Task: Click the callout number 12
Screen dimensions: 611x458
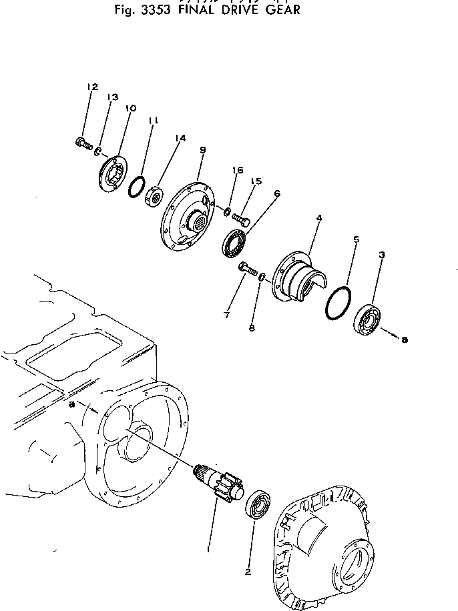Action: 92,87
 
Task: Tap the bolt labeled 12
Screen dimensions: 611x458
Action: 82,141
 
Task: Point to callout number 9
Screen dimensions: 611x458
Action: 202,151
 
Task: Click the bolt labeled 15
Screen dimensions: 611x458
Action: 241,218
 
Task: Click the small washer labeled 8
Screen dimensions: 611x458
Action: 262,276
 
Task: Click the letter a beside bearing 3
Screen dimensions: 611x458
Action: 404,340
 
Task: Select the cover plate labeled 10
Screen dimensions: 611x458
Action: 111,174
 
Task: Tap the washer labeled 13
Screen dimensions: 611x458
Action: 98,151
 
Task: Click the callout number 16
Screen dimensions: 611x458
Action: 234,171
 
